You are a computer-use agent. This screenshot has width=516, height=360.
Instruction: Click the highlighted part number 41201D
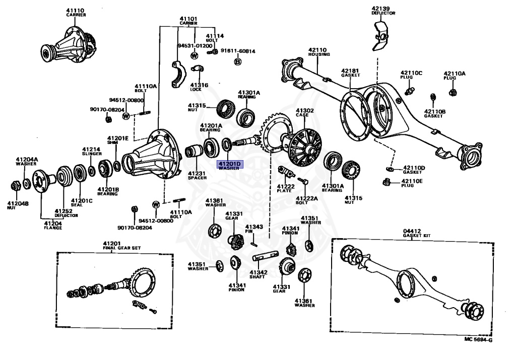point(230,164)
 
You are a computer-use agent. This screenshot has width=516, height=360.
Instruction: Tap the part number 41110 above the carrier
point(76,10)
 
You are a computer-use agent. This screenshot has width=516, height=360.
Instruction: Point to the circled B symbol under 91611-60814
point(237,61)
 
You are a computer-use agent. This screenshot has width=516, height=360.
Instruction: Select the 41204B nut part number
point(18,203)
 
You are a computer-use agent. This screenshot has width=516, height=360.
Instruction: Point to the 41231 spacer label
point(198,174)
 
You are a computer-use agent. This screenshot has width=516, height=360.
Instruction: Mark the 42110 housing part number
point(319,51)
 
